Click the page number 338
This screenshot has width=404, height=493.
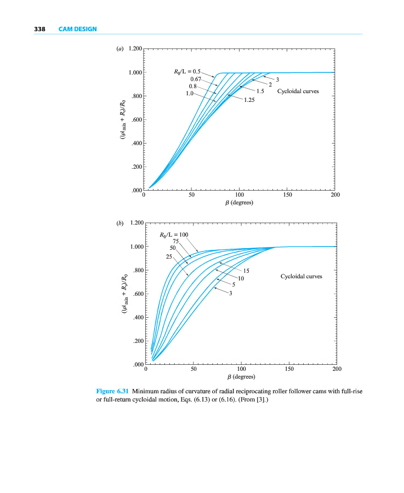click(39, 28)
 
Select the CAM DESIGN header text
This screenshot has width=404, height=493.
click(77, 28)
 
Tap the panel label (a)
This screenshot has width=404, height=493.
click(120, 49)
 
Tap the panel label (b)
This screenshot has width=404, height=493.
click(120, 223)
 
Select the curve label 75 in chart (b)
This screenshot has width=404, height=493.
click(176, 241)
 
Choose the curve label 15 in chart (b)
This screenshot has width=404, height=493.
click(246, 271)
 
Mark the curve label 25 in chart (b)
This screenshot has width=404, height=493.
click(169, 256)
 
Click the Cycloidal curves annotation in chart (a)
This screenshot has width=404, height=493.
click(298, 91)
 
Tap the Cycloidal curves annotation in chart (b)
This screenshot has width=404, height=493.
click(301, 277)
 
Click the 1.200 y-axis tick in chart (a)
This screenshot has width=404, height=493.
click(134, 49)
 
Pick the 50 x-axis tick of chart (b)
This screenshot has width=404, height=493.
click(194, 369)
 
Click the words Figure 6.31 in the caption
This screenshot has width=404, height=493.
click(112, 391)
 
